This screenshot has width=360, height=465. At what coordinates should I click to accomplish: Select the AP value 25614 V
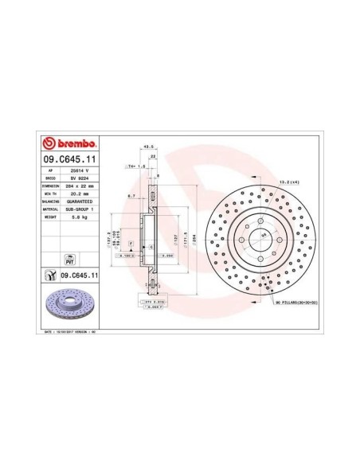coord(78,171)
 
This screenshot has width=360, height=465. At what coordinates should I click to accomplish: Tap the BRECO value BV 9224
coord(78,179)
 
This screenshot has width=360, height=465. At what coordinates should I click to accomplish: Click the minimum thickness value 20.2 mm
coord(78,195)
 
